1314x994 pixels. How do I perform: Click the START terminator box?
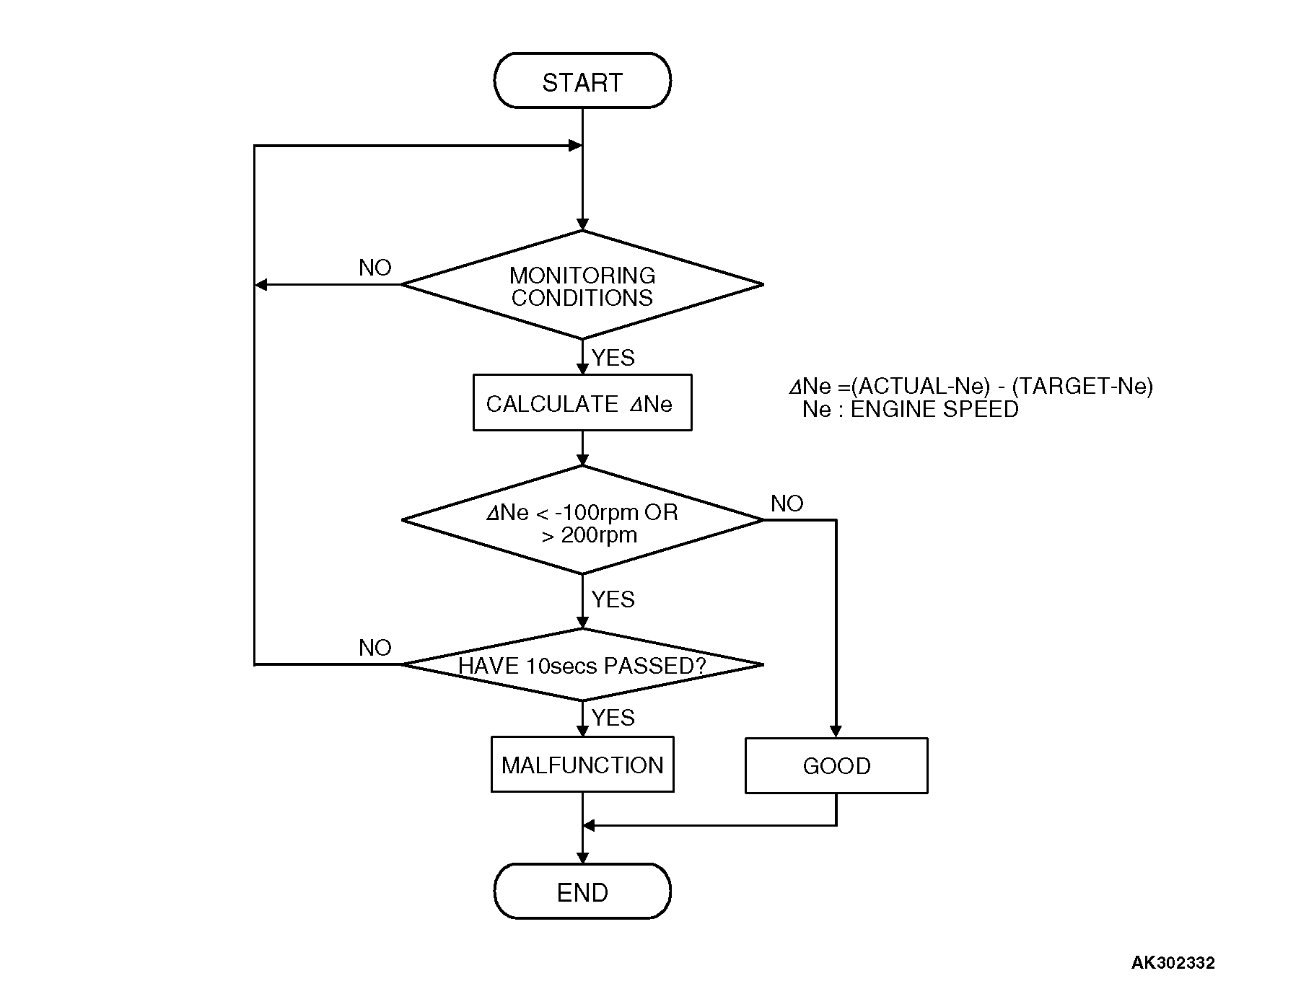[582, 81]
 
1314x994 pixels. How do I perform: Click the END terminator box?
[582, 892]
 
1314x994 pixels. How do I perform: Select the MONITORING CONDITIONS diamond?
[582, 286]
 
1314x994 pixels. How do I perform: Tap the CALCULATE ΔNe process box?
[582, 403]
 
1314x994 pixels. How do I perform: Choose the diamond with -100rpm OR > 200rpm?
[582, 522]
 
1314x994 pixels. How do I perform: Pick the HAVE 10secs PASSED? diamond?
[582, 665]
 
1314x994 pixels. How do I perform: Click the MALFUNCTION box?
[582, 765]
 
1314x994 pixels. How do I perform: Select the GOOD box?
[836, 765]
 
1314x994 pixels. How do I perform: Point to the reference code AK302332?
[1173, 962]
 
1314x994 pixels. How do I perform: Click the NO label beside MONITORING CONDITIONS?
[375, 268]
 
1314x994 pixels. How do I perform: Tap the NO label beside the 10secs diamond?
[375, 648]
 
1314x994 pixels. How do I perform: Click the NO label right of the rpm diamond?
[787, 503]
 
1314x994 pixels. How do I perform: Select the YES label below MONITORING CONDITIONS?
[613, 358]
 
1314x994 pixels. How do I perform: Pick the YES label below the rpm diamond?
[613, 599]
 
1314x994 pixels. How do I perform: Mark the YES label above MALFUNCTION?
[613, 718]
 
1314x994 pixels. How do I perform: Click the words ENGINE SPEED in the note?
[934, 410]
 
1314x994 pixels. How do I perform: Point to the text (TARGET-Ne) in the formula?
[1082, 387]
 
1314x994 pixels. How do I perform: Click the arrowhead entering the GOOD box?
[836, 731]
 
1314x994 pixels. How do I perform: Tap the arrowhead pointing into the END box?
[582, 857]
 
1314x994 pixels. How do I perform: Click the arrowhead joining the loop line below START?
[575, 146]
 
